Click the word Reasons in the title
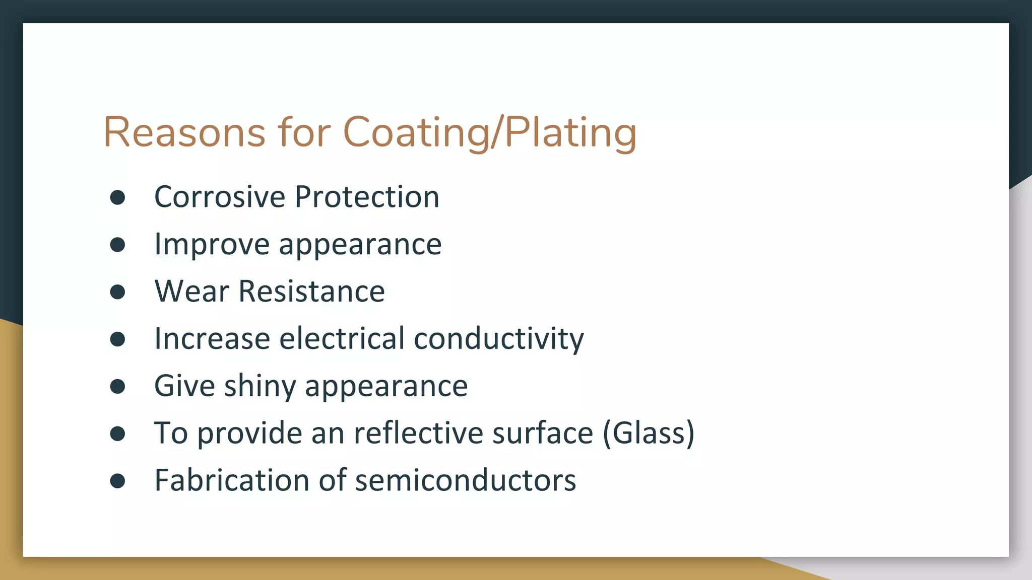pos(184,132)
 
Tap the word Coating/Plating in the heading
pos(489,132)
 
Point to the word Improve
pos(212,244)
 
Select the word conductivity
pos(498,338)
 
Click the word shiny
pos(260,386)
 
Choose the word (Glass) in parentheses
pos(649,433)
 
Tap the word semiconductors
pos(465,480)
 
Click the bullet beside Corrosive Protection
pos(117,197)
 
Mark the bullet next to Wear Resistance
pos(117,292)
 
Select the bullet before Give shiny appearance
pos(117,387)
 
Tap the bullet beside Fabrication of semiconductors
pos(117,481)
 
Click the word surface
pos(543,433)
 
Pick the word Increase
pos(212,338)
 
